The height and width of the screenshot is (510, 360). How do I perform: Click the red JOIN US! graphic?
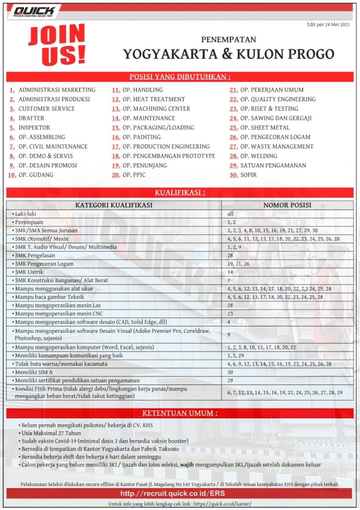coord(56,45)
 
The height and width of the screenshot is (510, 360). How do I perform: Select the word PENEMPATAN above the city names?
coord(229,39)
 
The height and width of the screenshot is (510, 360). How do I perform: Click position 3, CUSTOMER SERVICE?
coord(46,109)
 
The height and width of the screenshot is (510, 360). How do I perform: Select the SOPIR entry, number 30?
coord(249,175)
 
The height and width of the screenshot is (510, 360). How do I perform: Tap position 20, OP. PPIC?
coord(135,175)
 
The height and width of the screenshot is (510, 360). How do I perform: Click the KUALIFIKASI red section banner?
coord(180,192)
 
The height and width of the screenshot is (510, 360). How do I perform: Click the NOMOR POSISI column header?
coord(287,205)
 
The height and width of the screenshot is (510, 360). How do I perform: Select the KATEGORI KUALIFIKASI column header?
coord(114,205)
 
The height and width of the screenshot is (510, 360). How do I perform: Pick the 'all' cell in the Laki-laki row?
coord(231,214)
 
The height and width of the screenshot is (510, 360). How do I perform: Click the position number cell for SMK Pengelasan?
coord(231,255)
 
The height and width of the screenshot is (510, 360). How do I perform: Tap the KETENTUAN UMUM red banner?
coord(180,413)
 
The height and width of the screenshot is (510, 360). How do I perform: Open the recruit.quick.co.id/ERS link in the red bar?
coord(180,494)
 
